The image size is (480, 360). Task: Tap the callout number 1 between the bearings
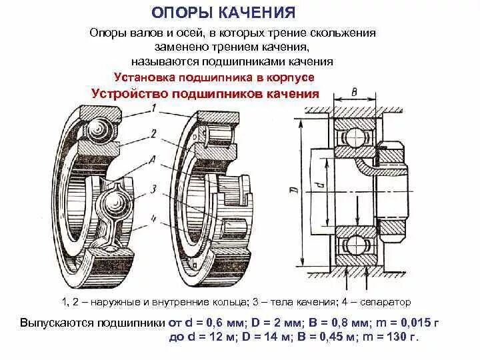click(x=154, y=108)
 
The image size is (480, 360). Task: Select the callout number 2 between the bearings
click(x=153, y=133)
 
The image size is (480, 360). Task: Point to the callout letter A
click(x=153, y=160)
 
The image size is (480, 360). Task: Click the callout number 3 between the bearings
click(x=153, y=189)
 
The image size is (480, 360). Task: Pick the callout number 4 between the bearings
click(x=153, y=215)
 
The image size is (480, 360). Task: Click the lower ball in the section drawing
click(x=351, y=242)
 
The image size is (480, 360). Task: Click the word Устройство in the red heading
click(x=129, y=93)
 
